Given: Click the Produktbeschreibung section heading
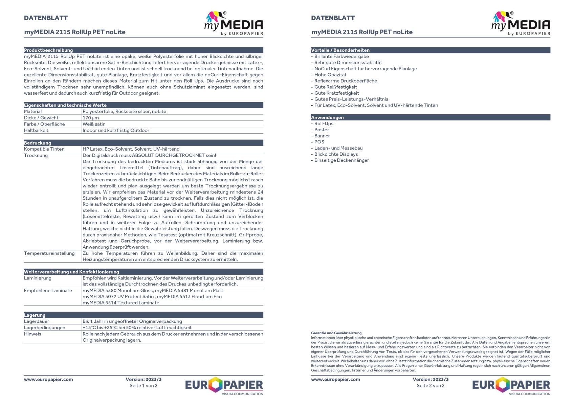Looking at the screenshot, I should pyautogui.click(x=48, y=50).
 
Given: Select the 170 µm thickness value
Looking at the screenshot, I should pyautogui.click(x=91, y=118).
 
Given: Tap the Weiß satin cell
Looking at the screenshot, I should pyautogui.click(x=94, y=124).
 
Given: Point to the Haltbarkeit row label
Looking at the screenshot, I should pyautogui.click(x=36, y=130).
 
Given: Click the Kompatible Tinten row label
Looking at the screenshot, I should pyautogui.click(x=44, y=149).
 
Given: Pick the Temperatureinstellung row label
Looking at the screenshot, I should pyautogui.click(x=49, y=253).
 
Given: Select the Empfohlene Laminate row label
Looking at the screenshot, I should pyautogui.click(x=48, y=291).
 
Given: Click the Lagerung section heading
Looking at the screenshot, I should pyautogui.click(x=35, y=315).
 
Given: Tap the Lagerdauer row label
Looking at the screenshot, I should pyautogui.click(x=37, y=321).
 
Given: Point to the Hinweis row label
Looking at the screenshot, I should pyautogui.click(x=32, y=334).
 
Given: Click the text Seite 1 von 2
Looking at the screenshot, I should pyautogui.click(x=143, y=386).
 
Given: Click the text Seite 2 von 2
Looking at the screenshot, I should pyautogui.click(x=430, y=386).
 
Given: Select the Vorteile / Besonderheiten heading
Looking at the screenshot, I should pyautogui.click(x=340, y=50).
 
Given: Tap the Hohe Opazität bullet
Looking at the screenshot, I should pyautogui.click(x=330, y=75).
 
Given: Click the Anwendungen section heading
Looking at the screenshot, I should pyautogui.click(x=327, y=117).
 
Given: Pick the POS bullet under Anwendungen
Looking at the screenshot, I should pyautogui.click(x=319, y=142).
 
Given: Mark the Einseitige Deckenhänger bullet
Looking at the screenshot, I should pyautogui.click(x=341, y=160).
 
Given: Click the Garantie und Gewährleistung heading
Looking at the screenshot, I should pyautogui.click(x=336, y=333).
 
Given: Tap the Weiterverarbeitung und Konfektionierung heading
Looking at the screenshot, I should pyautogui.click(x=71, y=272).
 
